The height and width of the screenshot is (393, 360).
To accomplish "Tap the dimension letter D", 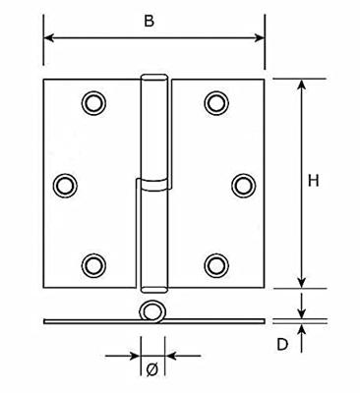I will tap(282, 344).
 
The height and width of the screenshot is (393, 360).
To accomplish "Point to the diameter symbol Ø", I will tap(151, 369).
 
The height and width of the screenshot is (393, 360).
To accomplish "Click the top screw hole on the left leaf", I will tap(93, 102).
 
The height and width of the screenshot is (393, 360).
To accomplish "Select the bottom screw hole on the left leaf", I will tap(93, 264).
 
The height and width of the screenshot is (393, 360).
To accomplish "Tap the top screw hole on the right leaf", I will tap(216, 102).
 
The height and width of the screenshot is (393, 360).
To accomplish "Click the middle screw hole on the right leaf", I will tap(243, 184).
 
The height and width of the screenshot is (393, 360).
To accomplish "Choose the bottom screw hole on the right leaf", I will tap(216, 264).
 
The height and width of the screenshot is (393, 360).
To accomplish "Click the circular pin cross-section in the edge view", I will tap(151, 313).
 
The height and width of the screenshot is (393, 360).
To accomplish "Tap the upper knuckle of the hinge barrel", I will tap(151, 128).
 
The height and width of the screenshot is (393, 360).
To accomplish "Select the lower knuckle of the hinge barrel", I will tap(151, 236).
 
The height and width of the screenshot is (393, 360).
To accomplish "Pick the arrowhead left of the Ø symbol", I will tap(133, 355).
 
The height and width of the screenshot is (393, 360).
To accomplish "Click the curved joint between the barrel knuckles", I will tap(151, 182).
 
